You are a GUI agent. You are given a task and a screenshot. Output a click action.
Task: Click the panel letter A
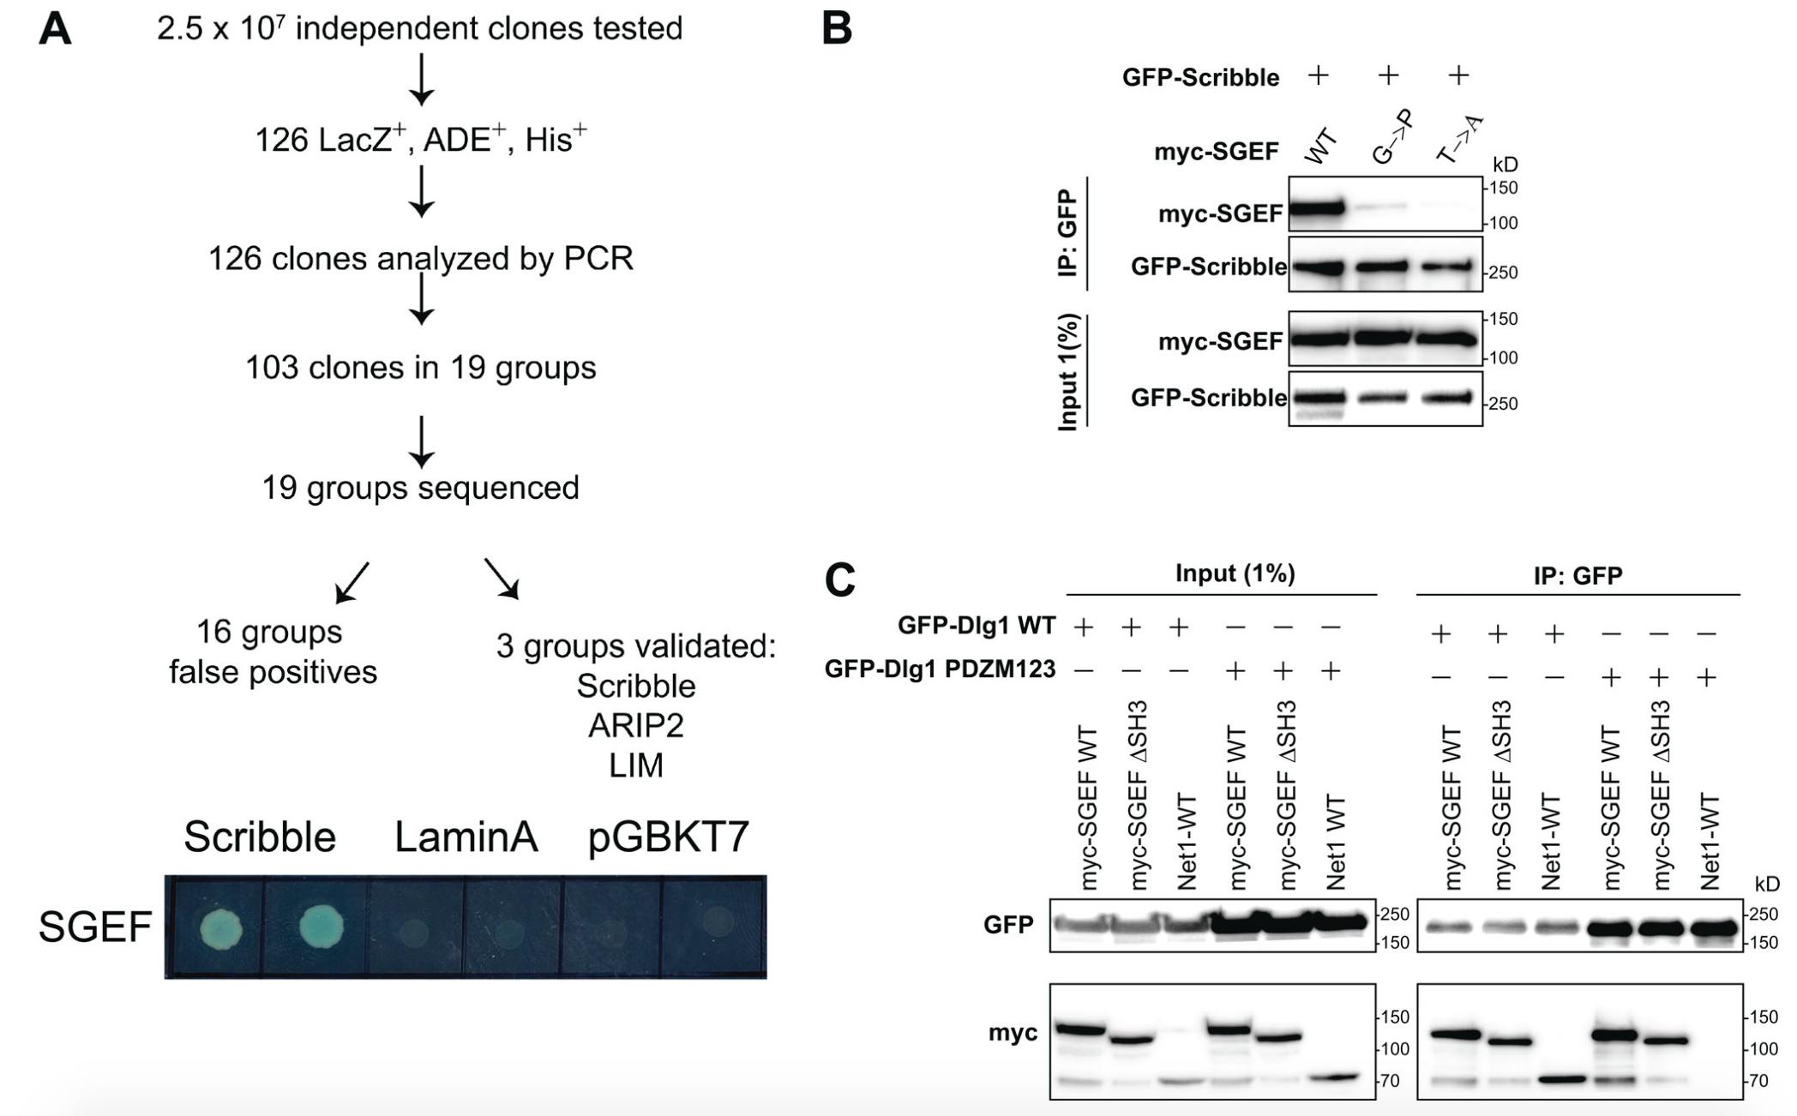tap(55, 29)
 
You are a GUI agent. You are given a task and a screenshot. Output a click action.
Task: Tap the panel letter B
tap(837, 29)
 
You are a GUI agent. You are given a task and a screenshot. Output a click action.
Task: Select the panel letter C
tap(840, 580)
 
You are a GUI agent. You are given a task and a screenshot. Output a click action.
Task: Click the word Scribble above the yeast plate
tap(260, 837)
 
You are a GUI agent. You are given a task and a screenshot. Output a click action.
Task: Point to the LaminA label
tap(466, 837)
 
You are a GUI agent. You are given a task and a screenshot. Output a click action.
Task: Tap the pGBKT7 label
tap(669, 837)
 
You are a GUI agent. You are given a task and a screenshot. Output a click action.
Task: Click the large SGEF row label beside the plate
tap(94, 927)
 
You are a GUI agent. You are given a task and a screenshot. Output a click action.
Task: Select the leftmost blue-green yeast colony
tap(221, 927)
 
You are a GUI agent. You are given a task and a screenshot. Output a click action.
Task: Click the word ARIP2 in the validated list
tap(635, 726)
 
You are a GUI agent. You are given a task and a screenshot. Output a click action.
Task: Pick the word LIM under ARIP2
tap(635, 765)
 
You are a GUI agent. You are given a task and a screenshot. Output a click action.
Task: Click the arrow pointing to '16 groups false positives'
tap(352, 582)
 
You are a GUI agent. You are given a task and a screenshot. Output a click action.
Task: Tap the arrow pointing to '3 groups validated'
tap(502, 579)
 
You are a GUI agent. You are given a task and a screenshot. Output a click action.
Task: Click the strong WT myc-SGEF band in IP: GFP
tap(1315, 208)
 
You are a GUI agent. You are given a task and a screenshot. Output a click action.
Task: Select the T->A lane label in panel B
tap(1459, 139)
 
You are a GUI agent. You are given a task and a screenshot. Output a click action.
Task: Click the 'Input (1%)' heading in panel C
tap(1235, 573)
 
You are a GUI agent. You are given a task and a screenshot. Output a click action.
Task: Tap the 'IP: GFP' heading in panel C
tap(1578, 575)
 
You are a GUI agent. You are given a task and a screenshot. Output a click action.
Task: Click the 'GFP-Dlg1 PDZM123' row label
tap(940, 669)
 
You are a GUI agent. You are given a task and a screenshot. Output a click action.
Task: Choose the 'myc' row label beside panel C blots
tap(1013, 1033)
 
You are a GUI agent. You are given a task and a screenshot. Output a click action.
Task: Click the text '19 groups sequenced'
tap(420, 488)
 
